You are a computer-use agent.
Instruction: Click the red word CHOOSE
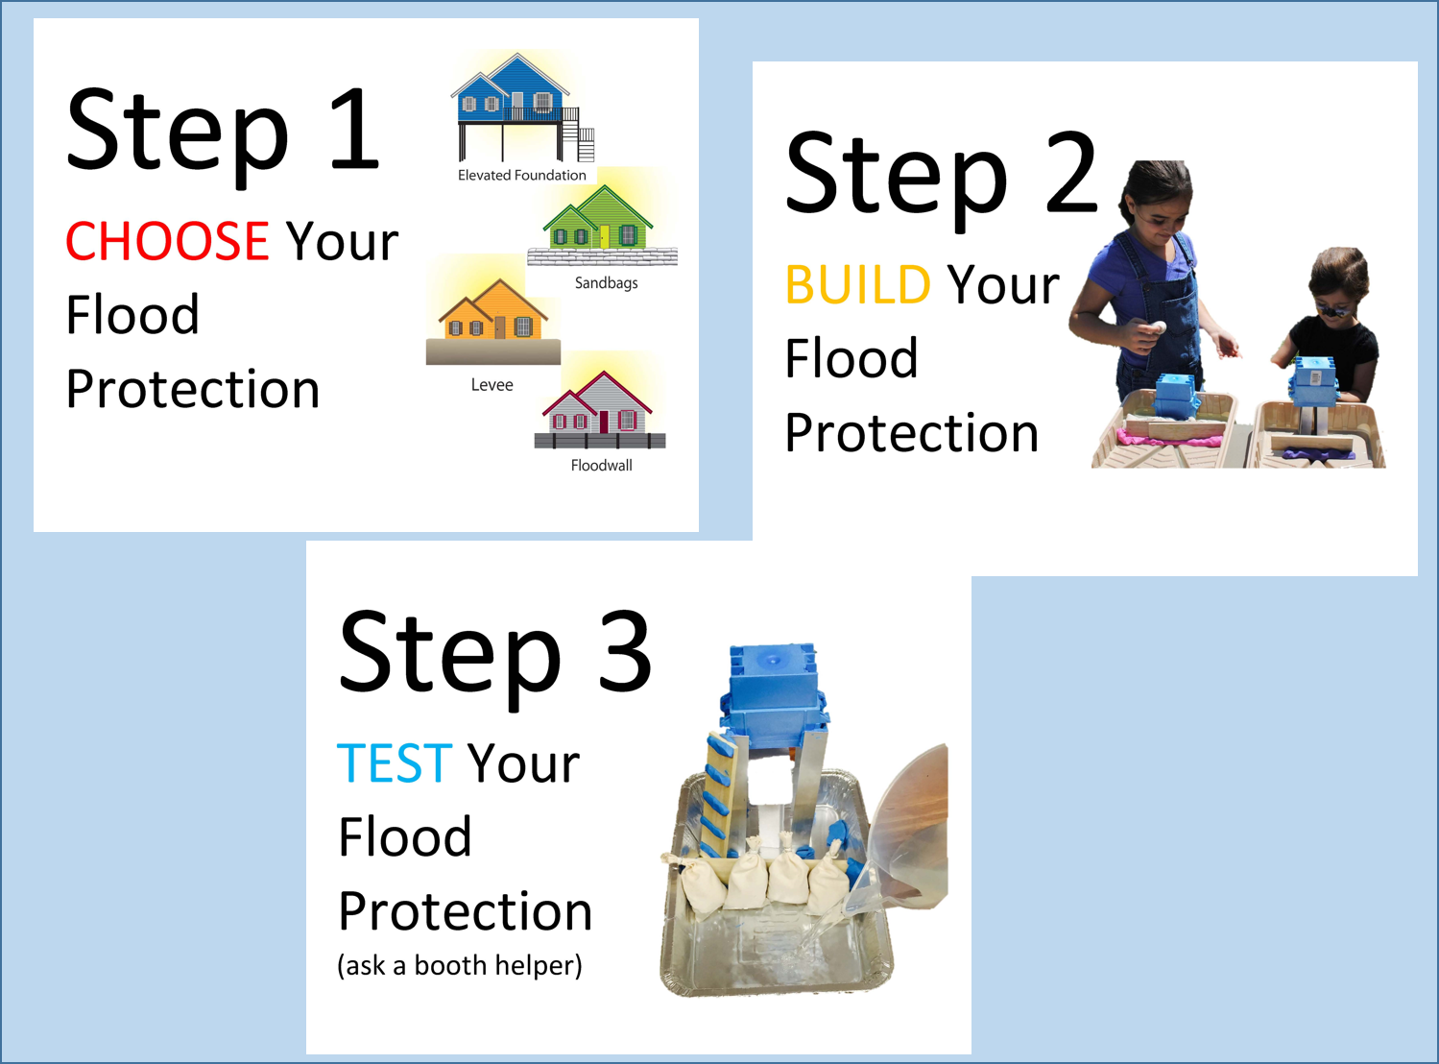pyautogui.click(x=167, y=241)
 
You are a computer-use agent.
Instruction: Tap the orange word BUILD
pyautogui.click(x=857, y=285)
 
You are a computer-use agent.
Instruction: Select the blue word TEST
pyautogui.click(x=394, y=763)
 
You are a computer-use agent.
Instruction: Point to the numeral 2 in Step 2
pyautogui.click(x=1070, y=172)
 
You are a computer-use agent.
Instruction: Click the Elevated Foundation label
pyautogui.click(x=521, y=176)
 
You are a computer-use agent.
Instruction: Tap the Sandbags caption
pyautogui.click(x=606, y=283)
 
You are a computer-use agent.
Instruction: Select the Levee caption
pyautogui.click(x=492, y=385)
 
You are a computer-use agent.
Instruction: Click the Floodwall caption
pyautogui.click(x=601, y=466)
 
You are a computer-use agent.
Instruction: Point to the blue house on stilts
pyautogui.click(x=522, y=108)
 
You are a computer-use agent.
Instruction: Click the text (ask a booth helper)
pyautogui.click(x=459, y=965)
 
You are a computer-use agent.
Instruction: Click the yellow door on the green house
pyautogui.click(x=604, y=235)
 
